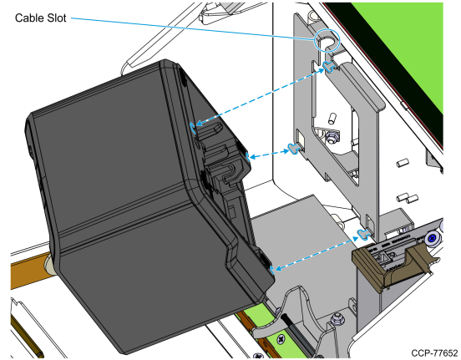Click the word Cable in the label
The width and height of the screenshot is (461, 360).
28,18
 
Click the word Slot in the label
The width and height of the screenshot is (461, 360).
55,18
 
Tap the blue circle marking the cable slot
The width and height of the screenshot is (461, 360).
327,41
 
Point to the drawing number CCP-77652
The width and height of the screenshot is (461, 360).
434,353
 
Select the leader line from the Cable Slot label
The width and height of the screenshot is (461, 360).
193,28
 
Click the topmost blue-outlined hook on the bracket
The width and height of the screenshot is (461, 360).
330,67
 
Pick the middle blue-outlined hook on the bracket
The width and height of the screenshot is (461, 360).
294,148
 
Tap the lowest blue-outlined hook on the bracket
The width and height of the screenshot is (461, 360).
364,234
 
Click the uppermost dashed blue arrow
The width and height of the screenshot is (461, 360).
261,96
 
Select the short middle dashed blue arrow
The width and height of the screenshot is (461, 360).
269,155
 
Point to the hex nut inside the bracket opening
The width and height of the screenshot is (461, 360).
332,137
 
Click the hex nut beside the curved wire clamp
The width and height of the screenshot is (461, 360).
336,318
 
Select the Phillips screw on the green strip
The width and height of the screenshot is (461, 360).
281,339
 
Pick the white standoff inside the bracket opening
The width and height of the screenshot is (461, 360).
332,119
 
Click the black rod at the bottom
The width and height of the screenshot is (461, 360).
297,334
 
